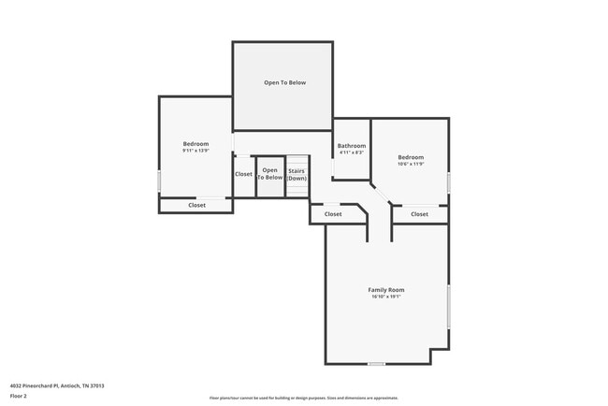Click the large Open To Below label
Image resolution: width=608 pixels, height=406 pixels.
(284, 82)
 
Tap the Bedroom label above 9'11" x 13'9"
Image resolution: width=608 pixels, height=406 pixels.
(195, 143)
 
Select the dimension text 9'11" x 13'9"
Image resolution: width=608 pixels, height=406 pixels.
(195, 150)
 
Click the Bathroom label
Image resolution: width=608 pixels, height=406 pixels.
(352, 145)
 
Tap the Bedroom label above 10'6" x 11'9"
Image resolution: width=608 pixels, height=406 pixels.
(411, 156)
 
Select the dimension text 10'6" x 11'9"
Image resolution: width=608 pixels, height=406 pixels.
(411, 164)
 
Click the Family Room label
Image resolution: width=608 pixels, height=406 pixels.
(385, 290)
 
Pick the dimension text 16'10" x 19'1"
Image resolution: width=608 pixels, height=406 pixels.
(385, 297)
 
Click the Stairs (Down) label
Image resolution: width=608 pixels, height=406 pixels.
(297, 174)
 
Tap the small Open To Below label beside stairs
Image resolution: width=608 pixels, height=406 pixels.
(269, 174)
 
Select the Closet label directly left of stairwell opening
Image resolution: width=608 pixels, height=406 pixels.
(243, 174)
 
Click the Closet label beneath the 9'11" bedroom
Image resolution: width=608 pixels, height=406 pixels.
(197, 205)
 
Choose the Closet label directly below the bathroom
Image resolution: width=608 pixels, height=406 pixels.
(333, 214)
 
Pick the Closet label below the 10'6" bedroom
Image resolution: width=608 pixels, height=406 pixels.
(419, 214)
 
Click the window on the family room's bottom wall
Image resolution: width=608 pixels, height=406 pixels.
(376, 364)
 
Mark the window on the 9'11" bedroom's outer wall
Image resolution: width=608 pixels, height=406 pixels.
(159, 180)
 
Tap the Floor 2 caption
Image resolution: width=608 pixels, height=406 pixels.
(19, 397)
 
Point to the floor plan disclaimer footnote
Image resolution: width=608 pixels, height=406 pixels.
(303, 397)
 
